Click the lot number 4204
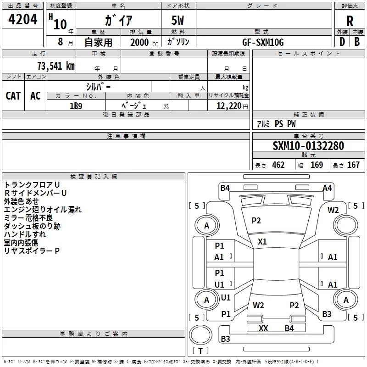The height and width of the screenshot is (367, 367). point(22,19)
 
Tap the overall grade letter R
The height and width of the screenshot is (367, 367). point(350,21)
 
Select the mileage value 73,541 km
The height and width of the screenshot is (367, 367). point(56,66)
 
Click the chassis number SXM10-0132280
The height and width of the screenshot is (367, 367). point(308,146)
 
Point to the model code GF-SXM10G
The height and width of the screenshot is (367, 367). point(263,42)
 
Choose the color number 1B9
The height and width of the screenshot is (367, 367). point(76,106)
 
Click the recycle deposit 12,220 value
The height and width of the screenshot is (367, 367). point(228,106)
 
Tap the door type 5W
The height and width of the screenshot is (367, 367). point(178,20)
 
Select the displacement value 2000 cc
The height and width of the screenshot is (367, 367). point(144,42)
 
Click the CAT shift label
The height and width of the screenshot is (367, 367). point(13,96)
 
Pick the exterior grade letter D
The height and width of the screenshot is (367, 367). point(342,42)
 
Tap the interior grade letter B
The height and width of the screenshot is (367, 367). point(357,42)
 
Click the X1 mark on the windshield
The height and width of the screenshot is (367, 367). point(262,242)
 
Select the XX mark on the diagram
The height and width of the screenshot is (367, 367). point(263,328)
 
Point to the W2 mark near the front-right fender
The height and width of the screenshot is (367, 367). point(333,210)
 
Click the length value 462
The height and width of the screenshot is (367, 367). point(278,165)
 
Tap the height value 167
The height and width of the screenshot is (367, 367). point(353,165)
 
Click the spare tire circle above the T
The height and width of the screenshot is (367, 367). point(200,335)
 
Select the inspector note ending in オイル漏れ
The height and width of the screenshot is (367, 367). point(43,210)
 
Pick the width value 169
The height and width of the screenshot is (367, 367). point(317,165)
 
